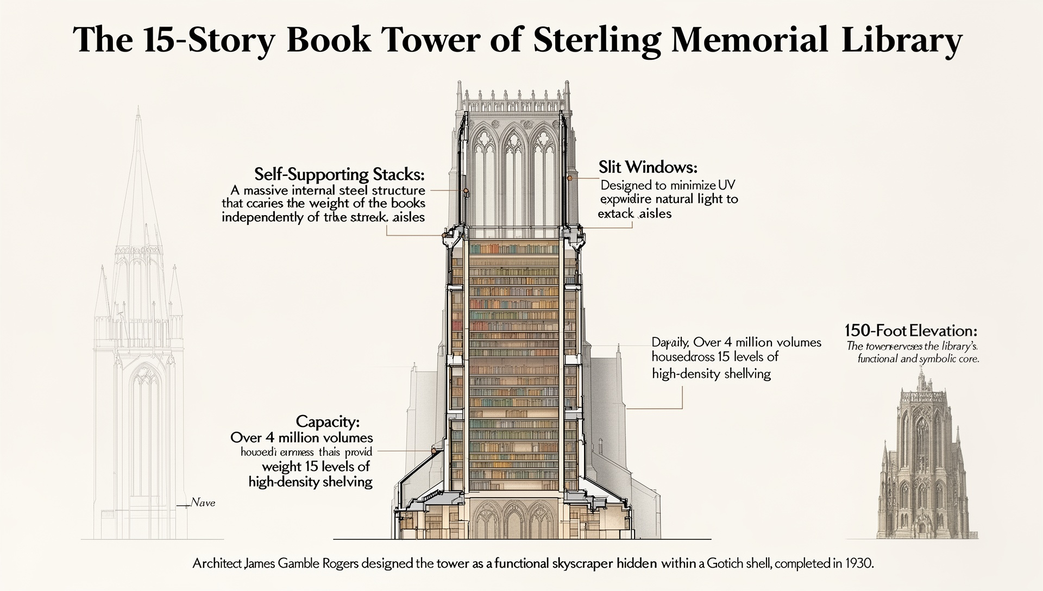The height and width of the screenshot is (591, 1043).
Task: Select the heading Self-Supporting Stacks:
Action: (340, 175)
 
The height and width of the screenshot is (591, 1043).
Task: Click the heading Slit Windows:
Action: (648, 166)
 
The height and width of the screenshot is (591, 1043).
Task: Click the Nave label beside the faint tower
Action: (204, 503)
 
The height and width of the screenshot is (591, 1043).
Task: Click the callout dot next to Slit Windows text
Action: (570, 178)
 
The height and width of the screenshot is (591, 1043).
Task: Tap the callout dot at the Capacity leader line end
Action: (434, 450)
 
